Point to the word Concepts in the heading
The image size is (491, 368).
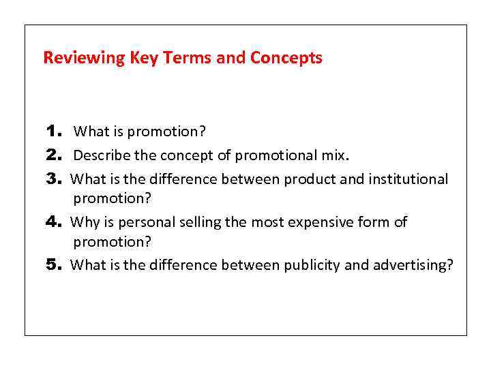pyautogui.click(x=286, y=58)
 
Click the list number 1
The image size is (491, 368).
pyautogui.click(x=54, y=131)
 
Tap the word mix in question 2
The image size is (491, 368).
pyautogui.click(x=334, y=155)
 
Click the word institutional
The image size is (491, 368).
pyautogui.click(x=408, y=179)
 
